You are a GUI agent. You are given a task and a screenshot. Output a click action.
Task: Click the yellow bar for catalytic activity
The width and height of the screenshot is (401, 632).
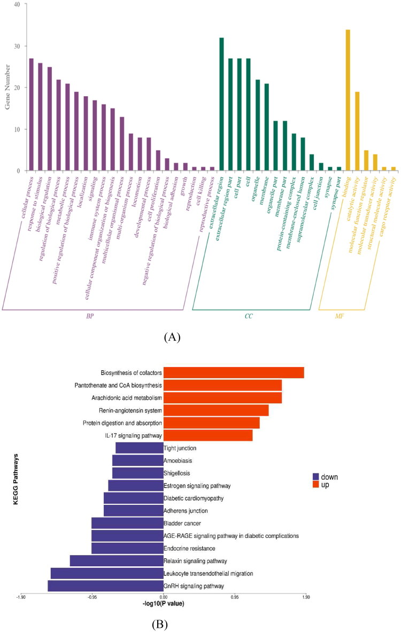357,131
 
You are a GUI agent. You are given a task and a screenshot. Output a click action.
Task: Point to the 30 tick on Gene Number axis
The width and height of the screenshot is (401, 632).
17,46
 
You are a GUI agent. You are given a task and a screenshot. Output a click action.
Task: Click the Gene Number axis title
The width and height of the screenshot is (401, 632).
7,88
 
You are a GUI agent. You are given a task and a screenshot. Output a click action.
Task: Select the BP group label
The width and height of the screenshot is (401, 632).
90,316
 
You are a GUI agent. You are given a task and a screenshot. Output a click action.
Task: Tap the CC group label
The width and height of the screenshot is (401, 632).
249,316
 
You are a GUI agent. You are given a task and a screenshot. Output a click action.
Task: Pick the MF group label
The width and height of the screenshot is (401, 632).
340,316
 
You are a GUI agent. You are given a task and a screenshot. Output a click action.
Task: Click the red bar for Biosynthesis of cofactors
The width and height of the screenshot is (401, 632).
234,372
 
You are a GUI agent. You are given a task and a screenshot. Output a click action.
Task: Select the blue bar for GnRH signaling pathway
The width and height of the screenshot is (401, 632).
105,586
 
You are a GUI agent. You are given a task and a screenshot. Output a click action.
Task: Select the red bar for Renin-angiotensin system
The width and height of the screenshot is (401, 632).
216,410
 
